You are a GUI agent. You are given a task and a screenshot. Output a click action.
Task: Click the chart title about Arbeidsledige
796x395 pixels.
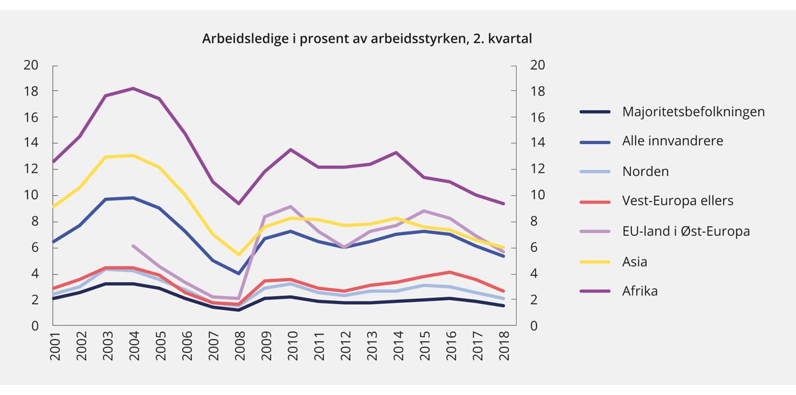pyautogui.click(x=367, y=39)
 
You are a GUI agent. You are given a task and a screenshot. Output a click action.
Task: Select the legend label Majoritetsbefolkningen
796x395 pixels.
pyautogui.click(x=693, y=112)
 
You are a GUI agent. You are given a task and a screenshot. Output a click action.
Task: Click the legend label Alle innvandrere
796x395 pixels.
pyautogui.click(x=673, y=141)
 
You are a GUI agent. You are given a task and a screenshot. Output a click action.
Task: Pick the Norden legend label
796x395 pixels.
pyautogui.click(x=645, y=171)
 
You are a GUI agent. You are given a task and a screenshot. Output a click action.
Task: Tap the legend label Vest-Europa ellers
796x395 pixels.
pyautogui.click(x=677, y=201)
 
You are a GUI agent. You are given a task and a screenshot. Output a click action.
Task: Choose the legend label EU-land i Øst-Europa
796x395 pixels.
pyautogui.click(x=686, y=231)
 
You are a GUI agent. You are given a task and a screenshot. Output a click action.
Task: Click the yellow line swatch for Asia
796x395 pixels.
pyautogui.click(x=596, y=262)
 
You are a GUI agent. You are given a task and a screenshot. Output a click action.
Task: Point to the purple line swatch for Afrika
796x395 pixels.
pyautogui.click(x=596, y=291)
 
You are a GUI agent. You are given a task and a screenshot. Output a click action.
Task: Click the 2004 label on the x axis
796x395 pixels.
pyautogui.click(x=134, y=347)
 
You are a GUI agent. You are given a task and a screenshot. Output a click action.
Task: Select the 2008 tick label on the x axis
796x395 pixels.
pyautogui.click(x=238, y=347)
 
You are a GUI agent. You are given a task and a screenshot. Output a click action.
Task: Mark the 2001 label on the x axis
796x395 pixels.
pyautogui.click(x=54, y=347)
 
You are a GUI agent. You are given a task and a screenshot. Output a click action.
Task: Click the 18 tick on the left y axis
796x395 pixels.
pyautogui.click(x=31, y=91)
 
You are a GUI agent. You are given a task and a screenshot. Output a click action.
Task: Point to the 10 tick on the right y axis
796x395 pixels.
pyautogui.click(x=536, y=195)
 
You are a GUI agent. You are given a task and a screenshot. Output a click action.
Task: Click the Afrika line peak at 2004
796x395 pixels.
pyautogui.click(x=133, y=88)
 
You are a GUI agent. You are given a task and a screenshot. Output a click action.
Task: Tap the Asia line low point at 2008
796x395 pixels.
pyautogui.click(x=239, y=254)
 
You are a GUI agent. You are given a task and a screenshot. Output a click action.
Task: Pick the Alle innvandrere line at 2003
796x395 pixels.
pyautogui.click(x=107, y=199)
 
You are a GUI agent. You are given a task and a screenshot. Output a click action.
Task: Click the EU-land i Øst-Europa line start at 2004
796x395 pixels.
pyautogui.click(x=133, y=246)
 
